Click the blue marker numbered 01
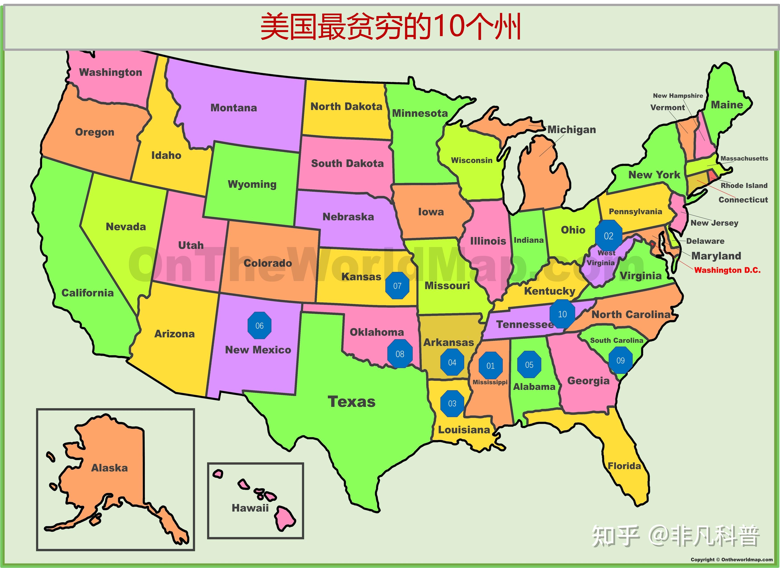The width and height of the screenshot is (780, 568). click(x=491, y=365)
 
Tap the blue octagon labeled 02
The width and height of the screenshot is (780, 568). click(x=608, y=236)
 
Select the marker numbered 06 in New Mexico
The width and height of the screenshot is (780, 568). click(x=259, y=325)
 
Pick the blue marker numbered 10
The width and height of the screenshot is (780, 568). click(x=562, y=314)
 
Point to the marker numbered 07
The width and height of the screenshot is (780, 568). click(x=397, y=285)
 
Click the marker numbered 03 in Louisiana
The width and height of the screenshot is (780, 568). click(x=452, y=403)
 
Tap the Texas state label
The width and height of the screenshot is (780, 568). click(x=351, y=402)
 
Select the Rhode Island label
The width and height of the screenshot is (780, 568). click(x=744, y=185)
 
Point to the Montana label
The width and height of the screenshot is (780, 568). click(x=234, y=108)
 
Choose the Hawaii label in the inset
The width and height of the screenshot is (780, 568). click(x=250, y=508)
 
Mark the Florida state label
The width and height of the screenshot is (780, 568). click(x=624, y=466)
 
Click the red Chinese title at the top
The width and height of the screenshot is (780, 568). click(x=390, y=27)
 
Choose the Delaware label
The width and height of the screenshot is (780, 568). click(x=705, y=241)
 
